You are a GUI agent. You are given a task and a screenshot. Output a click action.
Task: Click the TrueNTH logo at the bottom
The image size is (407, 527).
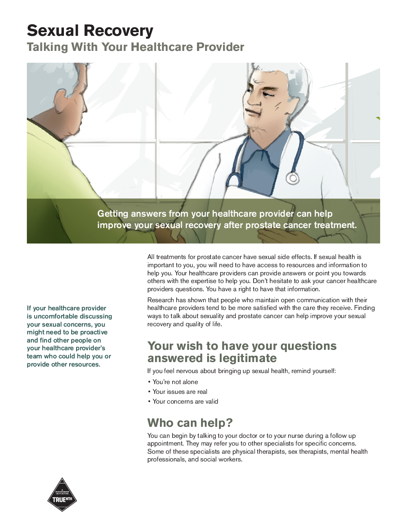click(x=62, y=495)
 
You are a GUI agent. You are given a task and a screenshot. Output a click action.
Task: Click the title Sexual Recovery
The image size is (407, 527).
click(x=90, y=31)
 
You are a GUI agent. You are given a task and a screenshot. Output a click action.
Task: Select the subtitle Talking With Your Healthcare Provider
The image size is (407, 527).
click(x=135, y=47)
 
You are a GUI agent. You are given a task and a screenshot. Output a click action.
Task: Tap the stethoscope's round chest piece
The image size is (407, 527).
click(x=292, y=178)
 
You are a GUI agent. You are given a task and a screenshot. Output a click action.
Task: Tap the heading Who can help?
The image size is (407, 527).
click(x=190, y=423)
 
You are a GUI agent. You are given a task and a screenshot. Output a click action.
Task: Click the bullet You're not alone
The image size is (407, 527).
click(x=175, y=382)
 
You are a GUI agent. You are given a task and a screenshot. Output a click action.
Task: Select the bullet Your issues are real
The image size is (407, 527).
click(x=179, y=392)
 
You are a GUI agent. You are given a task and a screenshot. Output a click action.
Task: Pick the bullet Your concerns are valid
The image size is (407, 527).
click(x=185, y=402)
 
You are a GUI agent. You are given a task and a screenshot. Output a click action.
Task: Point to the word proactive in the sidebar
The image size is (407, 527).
click(x=94, y=332)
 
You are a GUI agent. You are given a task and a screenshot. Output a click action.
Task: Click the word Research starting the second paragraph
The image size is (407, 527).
click(x=160, y=300)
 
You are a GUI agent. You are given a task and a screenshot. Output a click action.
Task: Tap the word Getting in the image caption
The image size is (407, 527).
click(x=112, y=214)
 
